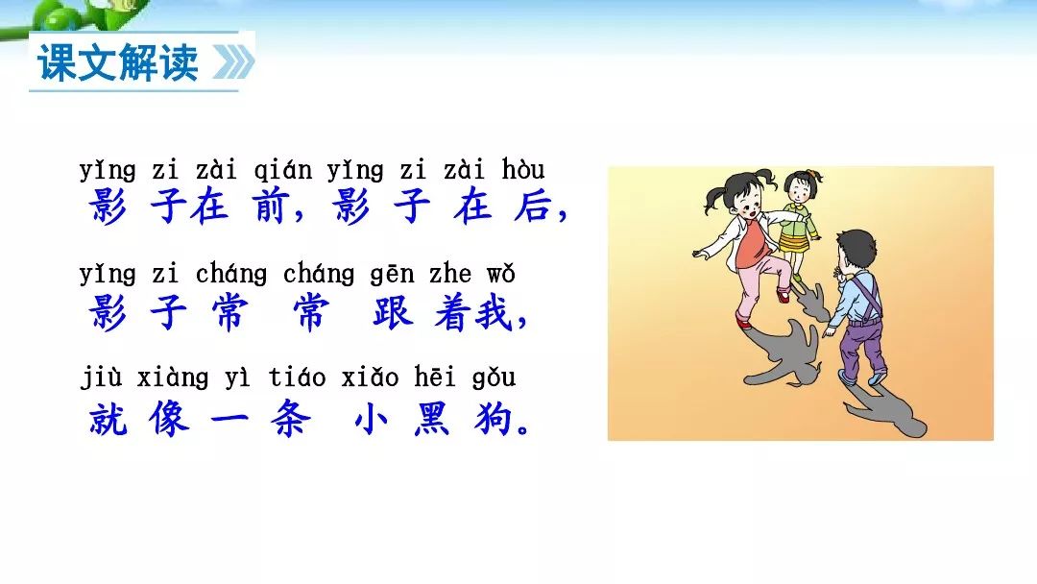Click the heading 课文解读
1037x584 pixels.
pos(118,62)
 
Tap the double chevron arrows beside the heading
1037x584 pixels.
pos(233,62)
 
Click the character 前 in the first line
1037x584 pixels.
pos(271,206)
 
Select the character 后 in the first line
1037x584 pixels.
pos(532,206)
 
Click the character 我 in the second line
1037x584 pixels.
pos(494,312)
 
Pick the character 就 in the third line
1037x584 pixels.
pos(109,418)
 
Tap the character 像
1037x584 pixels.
pos(169,418)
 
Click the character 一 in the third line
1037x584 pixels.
pos(229,419)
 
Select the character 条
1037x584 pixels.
pos(290,418)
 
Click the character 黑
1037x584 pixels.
pos(432,418)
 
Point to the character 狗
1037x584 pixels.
pos(493,418)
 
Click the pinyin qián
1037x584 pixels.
pos(282,171)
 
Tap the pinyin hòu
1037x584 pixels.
pos(523,169)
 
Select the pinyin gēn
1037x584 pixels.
pos(392,275)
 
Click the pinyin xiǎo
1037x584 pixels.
pos(371,377)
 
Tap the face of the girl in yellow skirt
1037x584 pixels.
pos(800,192)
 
